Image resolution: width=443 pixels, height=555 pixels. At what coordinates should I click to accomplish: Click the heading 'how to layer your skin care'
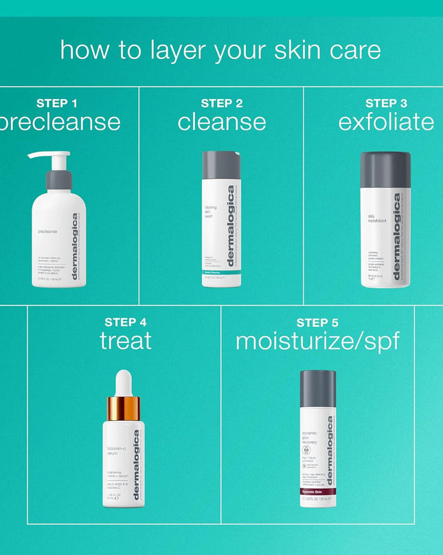[x=220, y=50]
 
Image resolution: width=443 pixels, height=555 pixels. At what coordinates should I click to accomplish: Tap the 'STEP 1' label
[x=56, y=103]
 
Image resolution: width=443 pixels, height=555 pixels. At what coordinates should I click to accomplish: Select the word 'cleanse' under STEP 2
[x=222, y=122]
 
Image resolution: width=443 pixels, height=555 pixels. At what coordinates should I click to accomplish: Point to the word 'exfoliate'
[x=386, y=122]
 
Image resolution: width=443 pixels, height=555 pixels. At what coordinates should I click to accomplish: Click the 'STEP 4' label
[x=125, y=322]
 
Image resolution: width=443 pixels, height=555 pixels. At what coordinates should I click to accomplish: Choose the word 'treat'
[x=126, y=340]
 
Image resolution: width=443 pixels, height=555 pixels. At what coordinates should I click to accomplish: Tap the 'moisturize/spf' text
[x=317, y=340]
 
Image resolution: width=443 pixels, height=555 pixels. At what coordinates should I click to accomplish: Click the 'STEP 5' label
[x=317, y=322]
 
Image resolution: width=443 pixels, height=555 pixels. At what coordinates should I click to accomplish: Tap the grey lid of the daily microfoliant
[x=385, y=169]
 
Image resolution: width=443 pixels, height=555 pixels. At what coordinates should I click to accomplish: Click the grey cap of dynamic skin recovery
[x=318, y=389]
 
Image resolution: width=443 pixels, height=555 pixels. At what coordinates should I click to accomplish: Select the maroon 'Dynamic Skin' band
[x=318, y=491]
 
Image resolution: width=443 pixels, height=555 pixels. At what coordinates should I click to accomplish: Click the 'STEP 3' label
[x=386, y=103]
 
